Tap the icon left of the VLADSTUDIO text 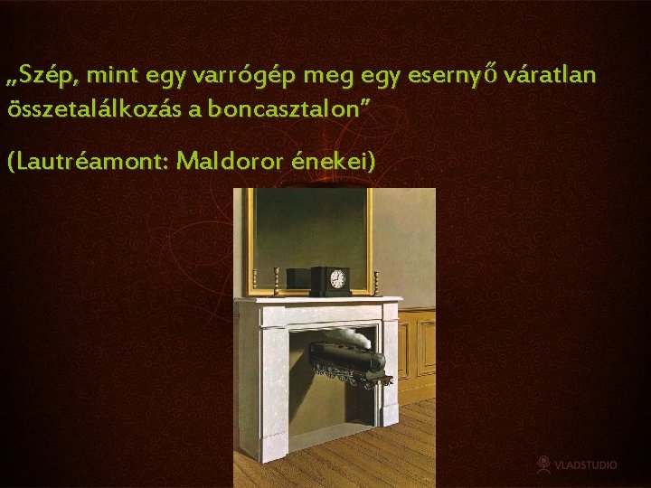pos(542,464)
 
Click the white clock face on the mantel pos(337,280)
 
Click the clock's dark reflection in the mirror pos(297,277)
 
